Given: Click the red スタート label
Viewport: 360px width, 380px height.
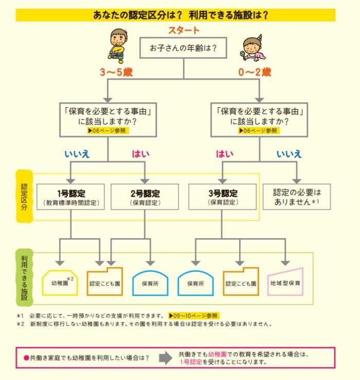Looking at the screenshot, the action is [x=184, y=30].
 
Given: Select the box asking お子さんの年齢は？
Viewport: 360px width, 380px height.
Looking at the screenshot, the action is [x=183, y=48].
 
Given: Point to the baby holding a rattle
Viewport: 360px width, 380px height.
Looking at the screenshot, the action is [x=253, y=48].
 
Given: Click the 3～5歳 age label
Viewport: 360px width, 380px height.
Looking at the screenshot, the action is [x=116, y=72].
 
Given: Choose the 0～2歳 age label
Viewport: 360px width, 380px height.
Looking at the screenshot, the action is [x=255, y=72].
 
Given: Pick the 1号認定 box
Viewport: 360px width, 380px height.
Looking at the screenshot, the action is [x=70, y=197].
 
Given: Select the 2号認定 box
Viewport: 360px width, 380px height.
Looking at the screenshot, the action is [x=145, y=197].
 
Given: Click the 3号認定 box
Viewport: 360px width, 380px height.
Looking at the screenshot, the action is [x=223, y=197].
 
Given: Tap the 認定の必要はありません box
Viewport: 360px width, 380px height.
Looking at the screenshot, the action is [x=297, y=197].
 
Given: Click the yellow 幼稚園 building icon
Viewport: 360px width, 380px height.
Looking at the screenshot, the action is [x=60, y=283].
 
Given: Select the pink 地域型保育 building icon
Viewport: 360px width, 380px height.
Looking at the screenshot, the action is [x=285, y=282].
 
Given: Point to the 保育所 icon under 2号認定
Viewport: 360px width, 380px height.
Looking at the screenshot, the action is [x=150, y=283].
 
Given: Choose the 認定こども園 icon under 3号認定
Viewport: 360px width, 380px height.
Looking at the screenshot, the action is [x=241, y=282].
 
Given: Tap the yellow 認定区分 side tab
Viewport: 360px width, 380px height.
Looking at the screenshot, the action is [x=24, y=196].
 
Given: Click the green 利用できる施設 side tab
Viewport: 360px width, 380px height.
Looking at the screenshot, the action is [x=24, y=278].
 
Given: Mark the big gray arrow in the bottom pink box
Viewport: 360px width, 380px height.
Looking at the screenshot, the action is [x=166, y=358].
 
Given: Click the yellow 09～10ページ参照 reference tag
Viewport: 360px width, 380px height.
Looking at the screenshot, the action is [x=194, y=316].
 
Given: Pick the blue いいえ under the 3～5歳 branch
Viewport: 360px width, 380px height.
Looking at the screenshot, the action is [x=77, y=154].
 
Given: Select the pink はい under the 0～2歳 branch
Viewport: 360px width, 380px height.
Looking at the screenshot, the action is [x=225, y=154].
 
